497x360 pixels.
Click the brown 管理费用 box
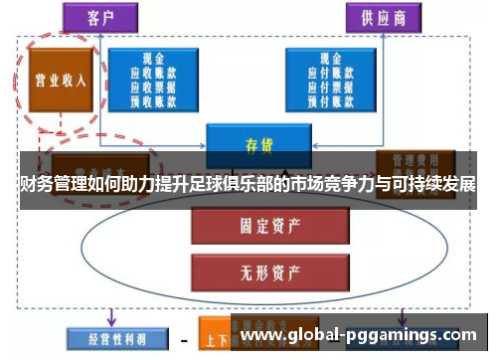pyautogui.click(x=414, y=161)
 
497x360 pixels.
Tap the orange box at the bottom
pyautogui.click(x=215, y=336)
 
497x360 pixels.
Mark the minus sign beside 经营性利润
pyautogui.click(x=184, y=337)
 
